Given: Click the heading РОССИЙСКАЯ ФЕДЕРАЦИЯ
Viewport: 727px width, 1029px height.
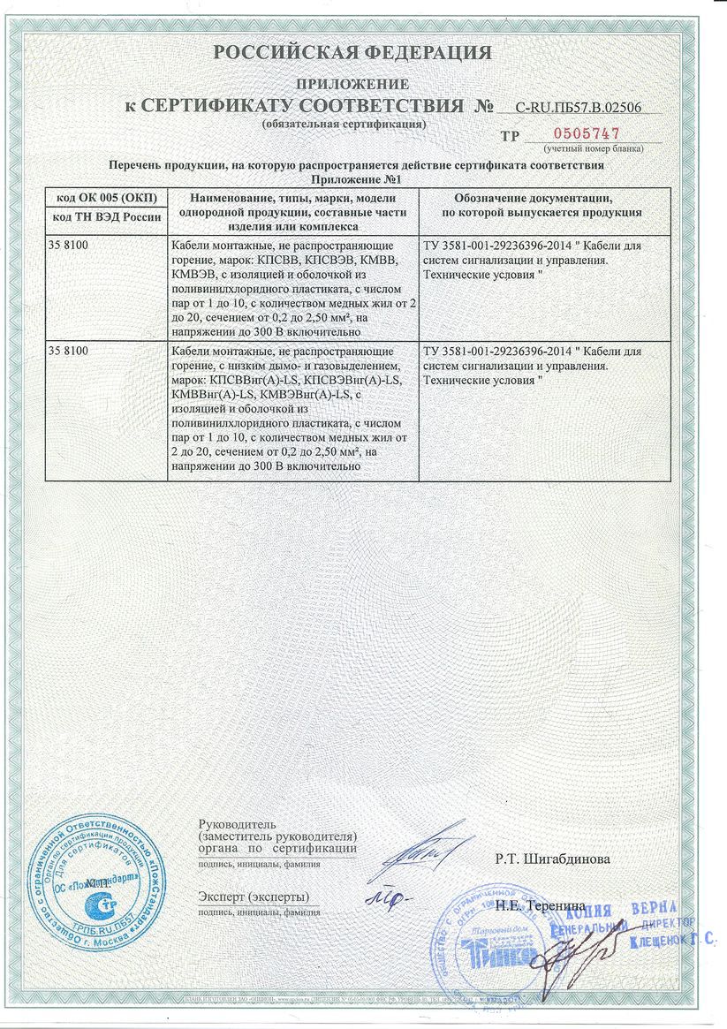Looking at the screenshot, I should coord(352,53).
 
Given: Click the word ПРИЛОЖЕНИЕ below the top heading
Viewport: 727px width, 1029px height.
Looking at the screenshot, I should coord(352,85).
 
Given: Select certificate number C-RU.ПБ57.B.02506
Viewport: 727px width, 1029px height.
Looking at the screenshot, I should coord(578,108).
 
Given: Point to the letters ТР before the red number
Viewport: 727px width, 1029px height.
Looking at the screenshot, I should coord(510,136).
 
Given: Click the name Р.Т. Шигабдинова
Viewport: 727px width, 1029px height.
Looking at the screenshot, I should coord(552,858).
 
